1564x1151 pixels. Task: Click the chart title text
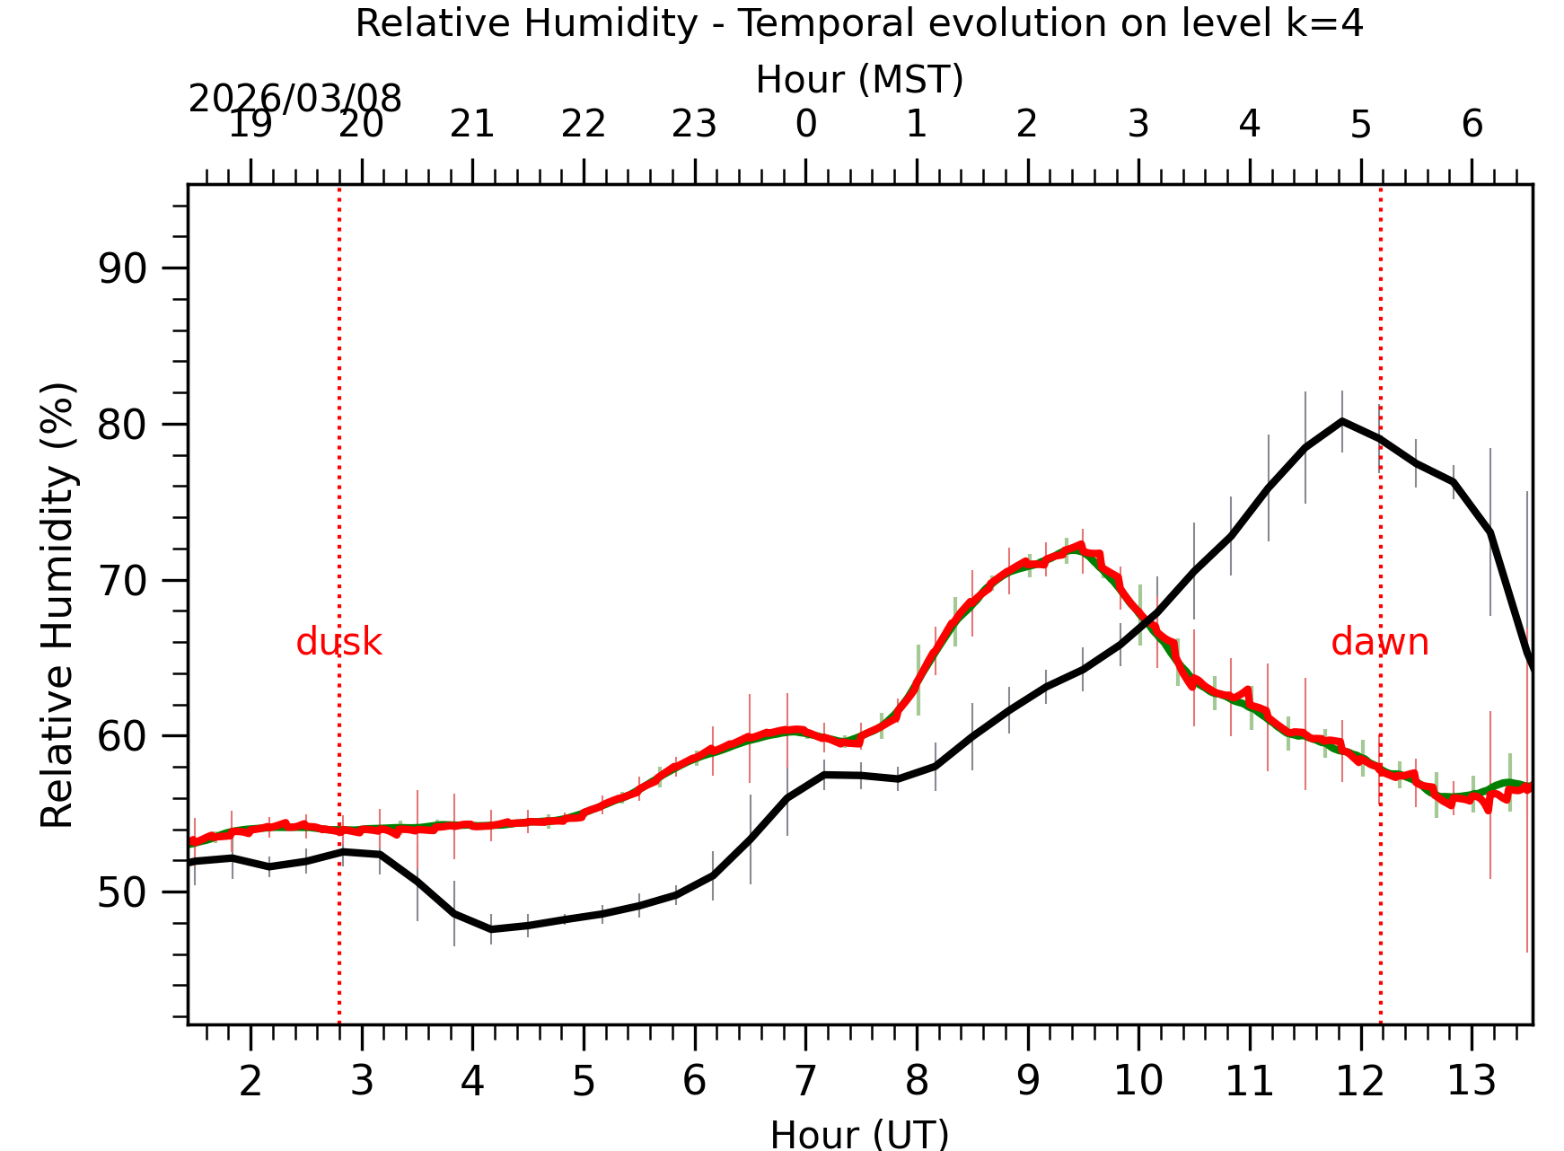click(859, 23)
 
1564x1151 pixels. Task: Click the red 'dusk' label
click(338, 643)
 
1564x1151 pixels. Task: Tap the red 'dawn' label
click(1379, 643)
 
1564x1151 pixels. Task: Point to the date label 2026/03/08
click(294, 99)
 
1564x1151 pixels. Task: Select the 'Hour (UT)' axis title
click(859, 1134)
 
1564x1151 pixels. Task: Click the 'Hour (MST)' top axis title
click(859, 80)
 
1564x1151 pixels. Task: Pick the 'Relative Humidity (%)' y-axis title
click(58, 606)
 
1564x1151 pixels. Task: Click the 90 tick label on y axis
click(121, 268)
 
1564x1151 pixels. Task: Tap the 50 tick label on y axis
click(121, 892)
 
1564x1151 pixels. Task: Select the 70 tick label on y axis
click(121, 581)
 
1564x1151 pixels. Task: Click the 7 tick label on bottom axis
click(805, 1081)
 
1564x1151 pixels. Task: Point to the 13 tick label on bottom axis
click(1471, 1081)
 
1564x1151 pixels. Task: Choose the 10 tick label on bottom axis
click(1138, 1081)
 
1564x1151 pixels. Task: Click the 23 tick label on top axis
click(694, 124)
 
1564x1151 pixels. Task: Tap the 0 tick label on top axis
click(805, 124)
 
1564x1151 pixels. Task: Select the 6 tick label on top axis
click(1472, 124)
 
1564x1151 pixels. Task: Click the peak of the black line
click(1341, 420)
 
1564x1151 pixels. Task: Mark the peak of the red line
click(1080, 545)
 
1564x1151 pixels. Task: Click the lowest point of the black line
click(491, 929)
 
